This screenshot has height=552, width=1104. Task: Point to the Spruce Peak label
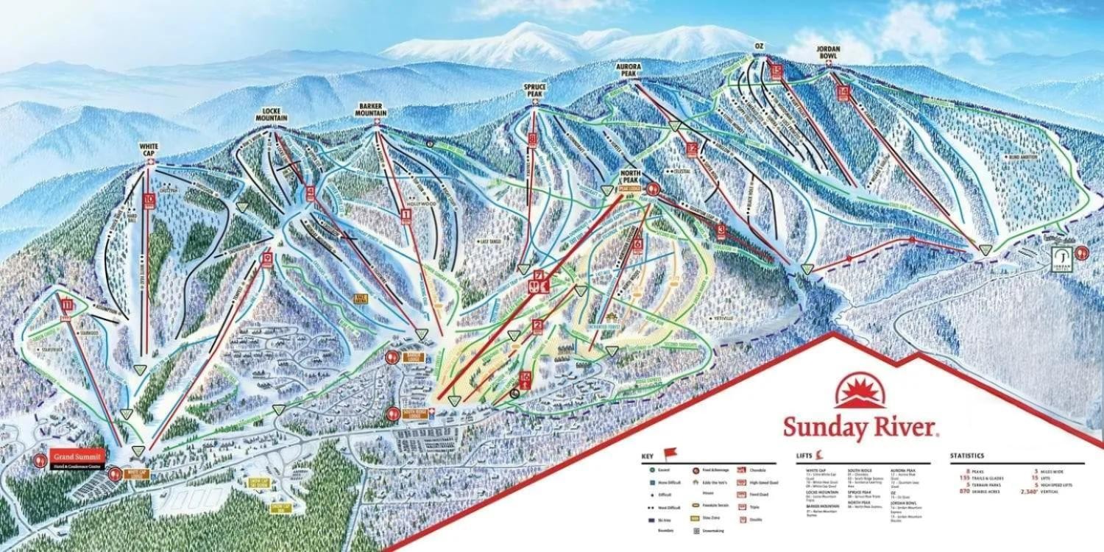click(x=534, y=90)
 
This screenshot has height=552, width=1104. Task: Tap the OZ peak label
click(x=760, y=47)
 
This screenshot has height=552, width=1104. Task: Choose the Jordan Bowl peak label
click(x=829, y=52)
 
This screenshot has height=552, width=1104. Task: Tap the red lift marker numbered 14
click(x=843, y=92)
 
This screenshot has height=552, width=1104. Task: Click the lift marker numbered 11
click(x=68, y=304)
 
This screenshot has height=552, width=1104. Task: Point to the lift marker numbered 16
click(x=525, y=378)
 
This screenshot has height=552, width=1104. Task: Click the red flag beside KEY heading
click(x=669, y=453)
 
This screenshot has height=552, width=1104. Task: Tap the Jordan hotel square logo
click(x=1061, y=255)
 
